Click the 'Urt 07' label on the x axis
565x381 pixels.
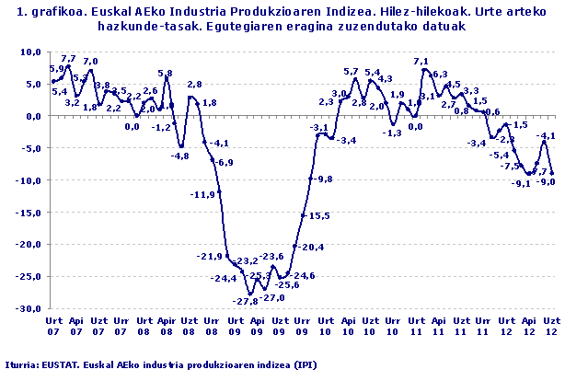[x=53, y=325]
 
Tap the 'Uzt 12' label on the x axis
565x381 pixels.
[x=550, y=325]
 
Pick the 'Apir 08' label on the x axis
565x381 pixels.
[x=166, y=325]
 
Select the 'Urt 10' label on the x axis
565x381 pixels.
[x=325, y=325]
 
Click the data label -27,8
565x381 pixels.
[x=245, y=302]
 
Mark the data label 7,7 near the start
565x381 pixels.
[x=68, y=59]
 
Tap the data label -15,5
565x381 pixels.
[x=319, y=215]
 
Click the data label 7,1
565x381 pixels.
[x=421, y=62]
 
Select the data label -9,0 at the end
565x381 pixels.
[x=545, y=182]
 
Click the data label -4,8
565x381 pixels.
[x=179, y=156]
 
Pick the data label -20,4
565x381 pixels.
[x=312, y=247]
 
